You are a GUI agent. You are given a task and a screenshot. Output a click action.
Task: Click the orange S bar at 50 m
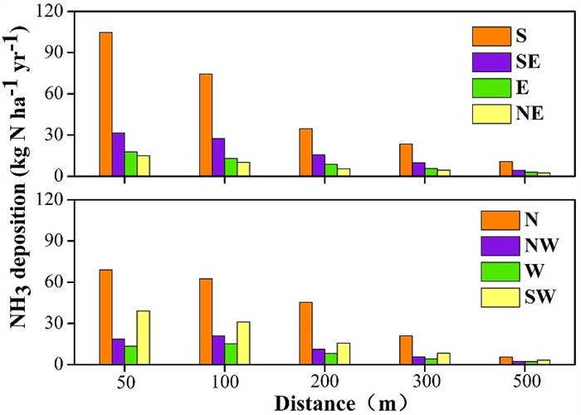pos(105,104)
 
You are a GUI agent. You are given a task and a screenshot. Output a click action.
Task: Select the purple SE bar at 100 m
pos(218,157)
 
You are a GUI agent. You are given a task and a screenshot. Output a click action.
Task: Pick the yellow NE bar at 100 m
pos(244,168)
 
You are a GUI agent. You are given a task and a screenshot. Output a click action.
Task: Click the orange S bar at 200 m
pos(305,152)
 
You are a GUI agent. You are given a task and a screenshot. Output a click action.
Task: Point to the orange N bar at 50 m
pos(105,316)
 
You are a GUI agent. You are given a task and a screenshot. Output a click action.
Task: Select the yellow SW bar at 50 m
pos(144,337)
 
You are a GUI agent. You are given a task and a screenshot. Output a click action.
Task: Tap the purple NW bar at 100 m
pos(218,349)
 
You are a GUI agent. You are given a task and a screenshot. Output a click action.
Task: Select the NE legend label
pos(529,114)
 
